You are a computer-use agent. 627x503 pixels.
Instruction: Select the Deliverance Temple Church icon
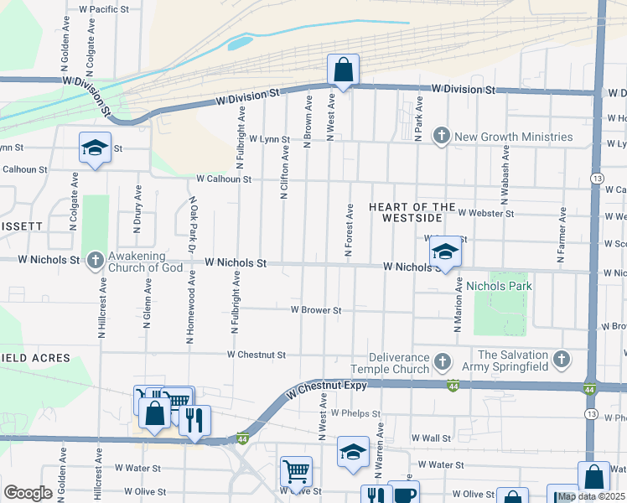[x=442, y=362]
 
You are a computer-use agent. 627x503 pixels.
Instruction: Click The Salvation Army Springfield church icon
[x=562, y=360]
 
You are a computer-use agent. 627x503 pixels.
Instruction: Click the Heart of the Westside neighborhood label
[x=412, y=212]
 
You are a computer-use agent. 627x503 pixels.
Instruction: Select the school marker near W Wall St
[x=353, y=451]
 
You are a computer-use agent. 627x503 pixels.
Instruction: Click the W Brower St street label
[x=315, y=310]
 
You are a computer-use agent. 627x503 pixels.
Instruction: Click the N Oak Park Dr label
[x=193, y=224]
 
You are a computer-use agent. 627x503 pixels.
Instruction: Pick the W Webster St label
[x=485, y=214]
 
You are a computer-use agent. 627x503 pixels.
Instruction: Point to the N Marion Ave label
[x=459, y=306]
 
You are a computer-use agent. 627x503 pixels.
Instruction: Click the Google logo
[x=28, y=493]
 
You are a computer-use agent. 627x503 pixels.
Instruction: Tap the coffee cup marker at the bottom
[x=404, y=494]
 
